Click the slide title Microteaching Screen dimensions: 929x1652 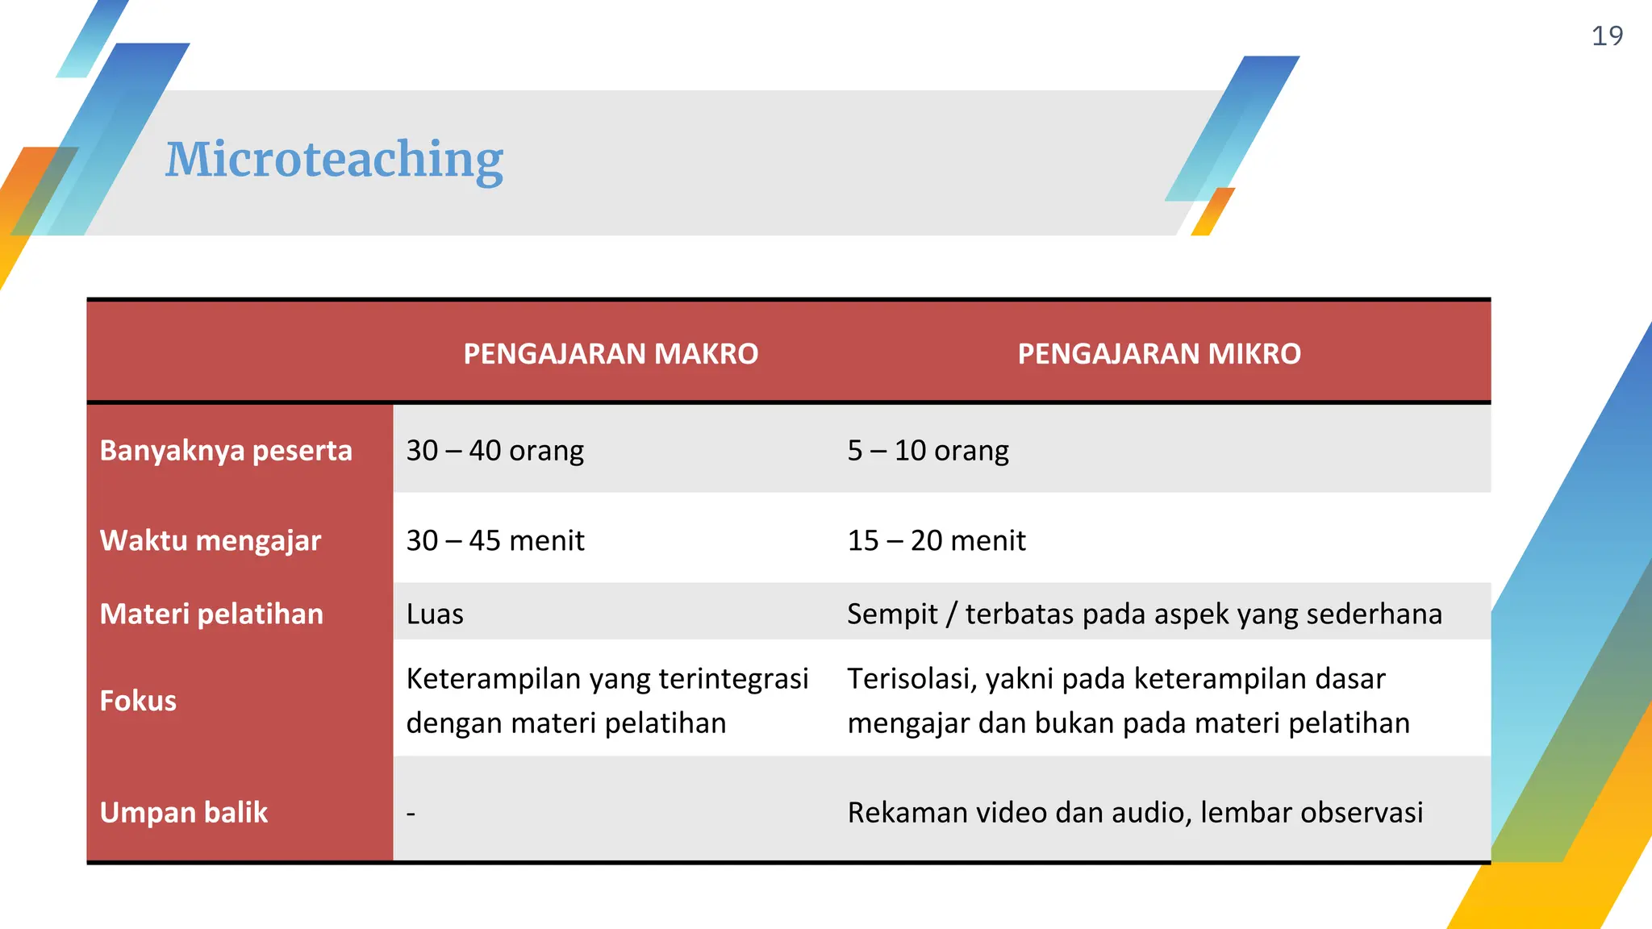[x=334, y=159]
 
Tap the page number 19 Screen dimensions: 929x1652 [x=1606, y=36]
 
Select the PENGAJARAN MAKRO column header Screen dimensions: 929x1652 [x=611, y=354]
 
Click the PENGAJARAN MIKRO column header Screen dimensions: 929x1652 [x=1159, y=354]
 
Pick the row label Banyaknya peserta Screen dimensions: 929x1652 [x=226, y=450]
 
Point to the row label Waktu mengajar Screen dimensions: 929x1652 [x=211, y=540]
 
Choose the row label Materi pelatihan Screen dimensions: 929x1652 [x=211, y=614]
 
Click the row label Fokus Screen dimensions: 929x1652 [x=138, y=701]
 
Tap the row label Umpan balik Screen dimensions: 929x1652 [x=184, y=812]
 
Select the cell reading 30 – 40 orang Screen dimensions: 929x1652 [x=494, y=450]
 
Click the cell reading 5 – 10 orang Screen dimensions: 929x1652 [x=928, y=450]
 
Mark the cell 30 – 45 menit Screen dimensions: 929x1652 [x=495, y=540]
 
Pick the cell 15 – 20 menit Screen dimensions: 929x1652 [x=937, y=540]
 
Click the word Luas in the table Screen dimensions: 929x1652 [x=435, y=614]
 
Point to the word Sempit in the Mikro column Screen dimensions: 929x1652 [x=892, y=614]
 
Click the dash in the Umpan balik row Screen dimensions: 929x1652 [x=411, y=813]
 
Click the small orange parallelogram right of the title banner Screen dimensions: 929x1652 [x=1213, y=212]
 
